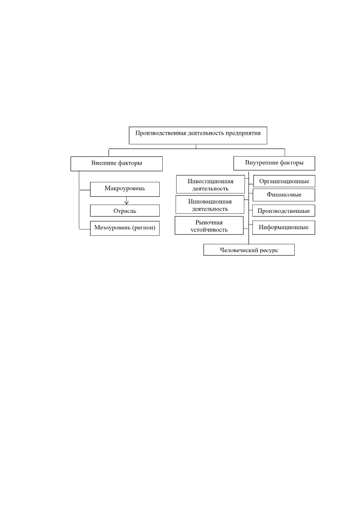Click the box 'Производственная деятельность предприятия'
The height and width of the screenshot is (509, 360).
click(198, 135)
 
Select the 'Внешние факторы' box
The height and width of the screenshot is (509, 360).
click(116, 164)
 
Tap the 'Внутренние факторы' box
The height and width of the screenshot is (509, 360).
click(274, 163)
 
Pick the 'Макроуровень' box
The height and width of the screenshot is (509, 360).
click(125, 189)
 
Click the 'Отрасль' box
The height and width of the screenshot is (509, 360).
click(125, 210)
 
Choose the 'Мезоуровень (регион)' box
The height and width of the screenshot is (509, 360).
click(125, 228)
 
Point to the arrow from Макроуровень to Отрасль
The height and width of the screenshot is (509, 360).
click(127, 201)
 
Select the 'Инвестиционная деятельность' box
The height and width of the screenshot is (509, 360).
click(210, 184)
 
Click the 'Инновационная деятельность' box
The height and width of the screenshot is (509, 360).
click(210, 205)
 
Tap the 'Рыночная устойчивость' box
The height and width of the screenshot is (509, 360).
click(209, 225)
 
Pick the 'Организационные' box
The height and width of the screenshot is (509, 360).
click(284, 181)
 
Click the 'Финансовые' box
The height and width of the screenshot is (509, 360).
click(284, 195)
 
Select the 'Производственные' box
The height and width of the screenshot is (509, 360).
click(284, 211)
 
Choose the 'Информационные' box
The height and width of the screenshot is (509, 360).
click(284, 228)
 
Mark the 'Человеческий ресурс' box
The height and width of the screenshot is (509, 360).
click(249, 250)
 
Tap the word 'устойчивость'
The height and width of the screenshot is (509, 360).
click(209, 230)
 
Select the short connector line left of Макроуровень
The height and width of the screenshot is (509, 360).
click(85, 190)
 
